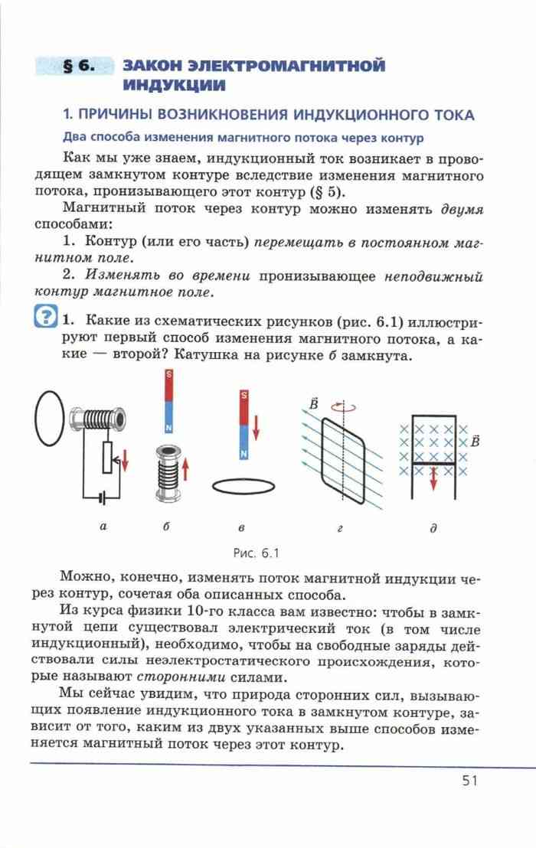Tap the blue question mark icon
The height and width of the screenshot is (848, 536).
coord(46,317)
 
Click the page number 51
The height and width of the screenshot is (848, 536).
coord(469,780)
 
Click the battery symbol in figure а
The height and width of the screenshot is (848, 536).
coord(99,497)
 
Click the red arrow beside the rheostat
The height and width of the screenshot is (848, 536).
coord(126,461)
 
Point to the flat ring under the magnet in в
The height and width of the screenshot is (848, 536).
coord(243,485)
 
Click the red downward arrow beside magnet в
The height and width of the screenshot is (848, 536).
coord(256,426)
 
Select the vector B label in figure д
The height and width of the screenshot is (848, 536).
coord(475,442)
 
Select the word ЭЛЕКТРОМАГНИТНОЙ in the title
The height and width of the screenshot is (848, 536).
coord(253,66)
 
